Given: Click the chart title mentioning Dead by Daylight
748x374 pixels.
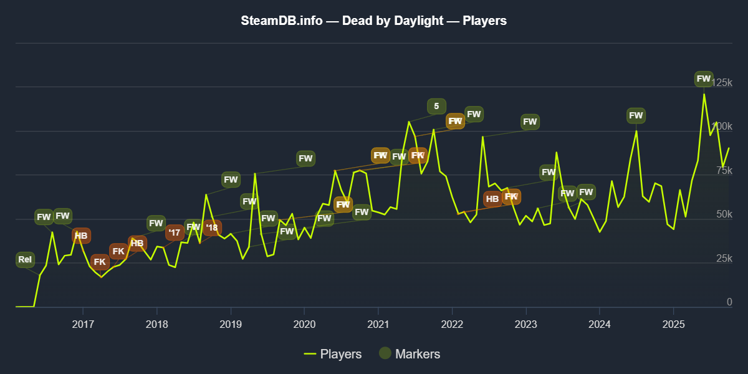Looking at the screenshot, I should coord(374,21).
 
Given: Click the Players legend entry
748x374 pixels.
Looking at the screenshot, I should coord(333,354).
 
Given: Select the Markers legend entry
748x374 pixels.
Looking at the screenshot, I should coord(410,354).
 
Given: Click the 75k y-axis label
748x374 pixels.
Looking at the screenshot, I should coord(723,171).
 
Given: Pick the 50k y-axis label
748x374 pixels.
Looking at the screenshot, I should coord(723,214).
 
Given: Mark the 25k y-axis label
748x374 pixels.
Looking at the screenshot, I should coord(723,259).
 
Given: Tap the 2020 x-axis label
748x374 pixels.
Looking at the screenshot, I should coord(304,324).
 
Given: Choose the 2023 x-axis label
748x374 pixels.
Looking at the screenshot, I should coord(525,324).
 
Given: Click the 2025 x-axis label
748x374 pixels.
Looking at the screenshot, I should coord(673,324).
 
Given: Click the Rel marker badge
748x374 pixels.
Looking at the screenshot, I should coord(25,260).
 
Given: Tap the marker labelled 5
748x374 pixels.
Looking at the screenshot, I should coord(436,106).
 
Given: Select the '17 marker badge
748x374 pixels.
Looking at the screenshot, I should coord(175,233).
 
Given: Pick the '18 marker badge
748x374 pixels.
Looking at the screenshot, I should coord(212,228).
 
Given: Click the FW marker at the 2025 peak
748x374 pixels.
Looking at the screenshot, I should coord(704,79).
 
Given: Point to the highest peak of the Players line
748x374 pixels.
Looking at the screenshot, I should coord(704,94).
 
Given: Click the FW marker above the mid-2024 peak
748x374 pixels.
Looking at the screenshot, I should coord(636,115).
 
